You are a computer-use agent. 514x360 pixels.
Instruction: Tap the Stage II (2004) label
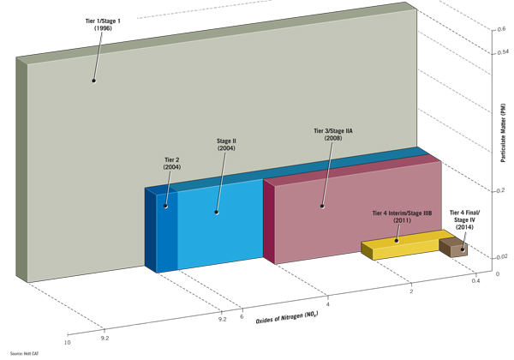tap(226, 143)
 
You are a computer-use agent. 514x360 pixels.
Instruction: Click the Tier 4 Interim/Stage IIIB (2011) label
tap(403, 216)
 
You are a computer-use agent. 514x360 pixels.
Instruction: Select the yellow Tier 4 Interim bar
tap(401, 248)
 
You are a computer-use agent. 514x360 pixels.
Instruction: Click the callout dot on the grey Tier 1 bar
tap(94, 81)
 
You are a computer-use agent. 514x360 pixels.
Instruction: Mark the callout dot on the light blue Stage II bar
tap(217, 212)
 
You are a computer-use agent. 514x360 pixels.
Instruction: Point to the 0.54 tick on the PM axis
tap(503, 53)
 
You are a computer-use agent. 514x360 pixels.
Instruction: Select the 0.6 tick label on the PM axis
tap(502, 30)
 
